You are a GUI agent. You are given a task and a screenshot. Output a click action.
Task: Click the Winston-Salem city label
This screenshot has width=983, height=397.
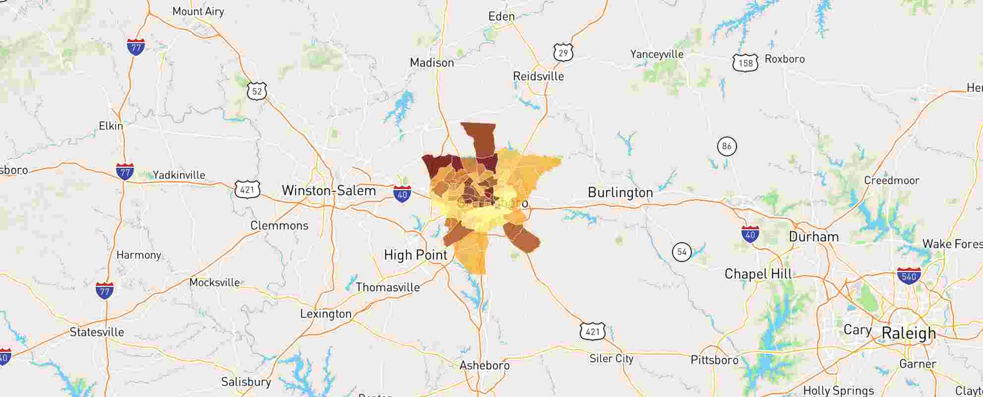click(328, 191)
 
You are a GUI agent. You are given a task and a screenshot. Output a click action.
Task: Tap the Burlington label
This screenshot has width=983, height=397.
click(620, 193)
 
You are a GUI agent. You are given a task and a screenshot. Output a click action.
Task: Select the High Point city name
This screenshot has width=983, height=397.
click(415, 255)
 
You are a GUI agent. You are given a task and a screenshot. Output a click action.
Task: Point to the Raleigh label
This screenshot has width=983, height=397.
click(909, 333)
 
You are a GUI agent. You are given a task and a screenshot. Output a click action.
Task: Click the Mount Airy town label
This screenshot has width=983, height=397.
click(198, 11)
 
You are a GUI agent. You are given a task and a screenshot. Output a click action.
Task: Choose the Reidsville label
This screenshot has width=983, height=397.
click(538, 76)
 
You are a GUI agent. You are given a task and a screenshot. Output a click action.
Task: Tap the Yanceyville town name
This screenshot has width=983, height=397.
click(657, 54)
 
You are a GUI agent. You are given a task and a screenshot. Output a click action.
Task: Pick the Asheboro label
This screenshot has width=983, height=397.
click(484, 366)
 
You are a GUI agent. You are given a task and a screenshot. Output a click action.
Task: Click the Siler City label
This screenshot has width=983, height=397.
click(611, 358)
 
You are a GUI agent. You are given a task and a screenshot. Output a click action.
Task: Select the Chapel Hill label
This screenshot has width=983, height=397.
click(758, 274)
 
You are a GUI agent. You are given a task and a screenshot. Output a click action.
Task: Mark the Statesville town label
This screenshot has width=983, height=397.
click(97, 332)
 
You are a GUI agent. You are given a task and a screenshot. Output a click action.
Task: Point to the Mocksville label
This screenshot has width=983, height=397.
click(214, 282)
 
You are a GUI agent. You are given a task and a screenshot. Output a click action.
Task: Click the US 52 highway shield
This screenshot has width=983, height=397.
click(256, 91)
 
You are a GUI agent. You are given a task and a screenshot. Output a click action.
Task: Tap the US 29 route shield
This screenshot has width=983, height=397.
click(563, 52)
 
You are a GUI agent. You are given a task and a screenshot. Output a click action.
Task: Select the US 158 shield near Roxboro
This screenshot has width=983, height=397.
click(745, 63)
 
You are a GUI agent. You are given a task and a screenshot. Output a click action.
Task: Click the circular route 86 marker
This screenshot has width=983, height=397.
click(727, 146)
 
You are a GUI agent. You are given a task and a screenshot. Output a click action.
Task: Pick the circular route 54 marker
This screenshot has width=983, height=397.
click(681, 252)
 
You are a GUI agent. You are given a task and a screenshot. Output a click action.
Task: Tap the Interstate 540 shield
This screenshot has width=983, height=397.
click(909, 275)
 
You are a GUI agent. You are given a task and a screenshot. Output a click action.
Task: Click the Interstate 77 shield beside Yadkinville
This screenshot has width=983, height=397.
click(124, 172)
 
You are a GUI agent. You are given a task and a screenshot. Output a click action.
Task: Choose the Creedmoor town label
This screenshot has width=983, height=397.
click(891, 181)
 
